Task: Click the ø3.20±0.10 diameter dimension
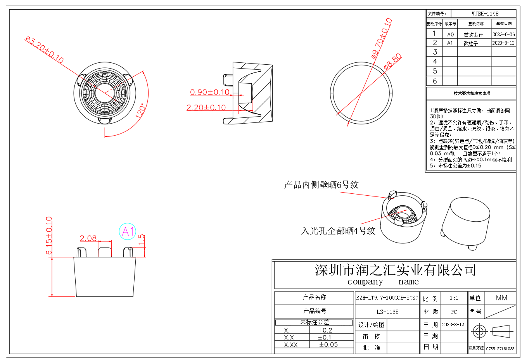(44, 50)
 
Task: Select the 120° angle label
(140, 110)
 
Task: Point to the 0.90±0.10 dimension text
(210, 92)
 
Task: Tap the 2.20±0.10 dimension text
(206, 108)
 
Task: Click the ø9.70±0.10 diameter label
(382, 38)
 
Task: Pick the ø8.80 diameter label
(392, 62)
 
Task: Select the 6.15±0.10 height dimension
(49, 236)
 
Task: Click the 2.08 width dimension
(88, 238)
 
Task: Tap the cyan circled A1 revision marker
(127, 231)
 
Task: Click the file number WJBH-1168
(485, 14)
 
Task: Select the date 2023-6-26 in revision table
(503, 34)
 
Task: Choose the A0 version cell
(450, 34)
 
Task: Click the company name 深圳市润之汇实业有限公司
(395, 270)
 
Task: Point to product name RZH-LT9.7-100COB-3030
(387, 298)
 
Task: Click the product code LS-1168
(387, 312)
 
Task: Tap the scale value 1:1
(454, 298)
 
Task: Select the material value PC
(454, 312)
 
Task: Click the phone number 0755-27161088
(500, 349)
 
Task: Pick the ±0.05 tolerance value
(328, 344)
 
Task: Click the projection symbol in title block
(492, 331)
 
